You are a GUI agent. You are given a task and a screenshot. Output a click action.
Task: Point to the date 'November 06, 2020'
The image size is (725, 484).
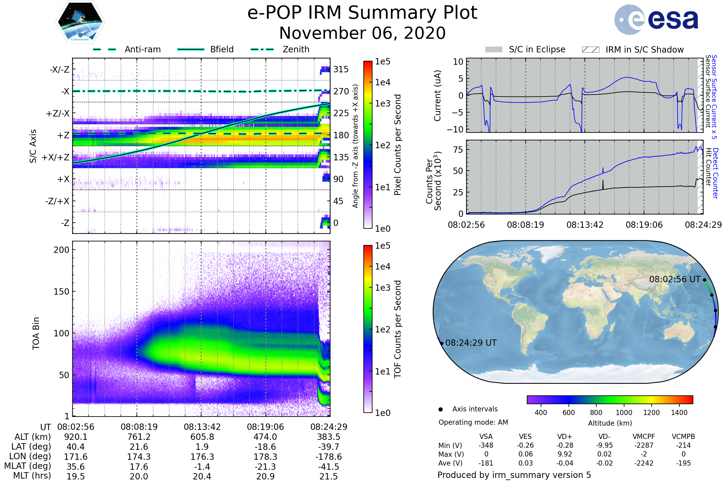[x=362, y=33]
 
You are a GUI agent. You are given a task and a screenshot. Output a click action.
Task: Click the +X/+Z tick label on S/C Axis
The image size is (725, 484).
[x=56, y=157]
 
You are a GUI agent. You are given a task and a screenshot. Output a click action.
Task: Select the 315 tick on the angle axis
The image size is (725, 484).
[x=341, y=69]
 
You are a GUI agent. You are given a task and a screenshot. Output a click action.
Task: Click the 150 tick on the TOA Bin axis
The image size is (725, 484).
[x=61, y=292]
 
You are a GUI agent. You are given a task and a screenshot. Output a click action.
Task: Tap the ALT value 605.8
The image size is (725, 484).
[x=202, y=437]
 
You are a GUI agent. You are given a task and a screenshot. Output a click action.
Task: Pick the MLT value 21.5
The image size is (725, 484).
[x=329, y=476]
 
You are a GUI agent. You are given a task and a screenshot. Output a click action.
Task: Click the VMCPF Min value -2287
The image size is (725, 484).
[x=644, y=445]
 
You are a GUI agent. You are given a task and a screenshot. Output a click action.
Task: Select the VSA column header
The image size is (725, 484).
[x=486, y=437]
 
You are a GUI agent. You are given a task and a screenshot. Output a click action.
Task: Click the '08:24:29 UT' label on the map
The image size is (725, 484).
[x=471, y=343]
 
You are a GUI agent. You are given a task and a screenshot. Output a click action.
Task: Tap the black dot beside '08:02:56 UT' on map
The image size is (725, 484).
[x=705, y=280]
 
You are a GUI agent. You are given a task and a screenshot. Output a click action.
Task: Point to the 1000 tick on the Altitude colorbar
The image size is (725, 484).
[x=624, y=413]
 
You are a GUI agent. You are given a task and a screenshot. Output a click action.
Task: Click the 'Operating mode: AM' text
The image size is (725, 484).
[x=473, y=422]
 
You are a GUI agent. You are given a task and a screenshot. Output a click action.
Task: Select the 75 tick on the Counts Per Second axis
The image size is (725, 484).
[x=458, y=150]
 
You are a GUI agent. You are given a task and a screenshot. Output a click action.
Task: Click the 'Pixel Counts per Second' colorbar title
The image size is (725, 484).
[x=398, y=145]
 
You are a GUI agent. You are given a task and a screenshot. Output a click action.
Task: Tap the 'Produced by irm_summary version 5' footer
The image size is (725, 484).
[x=514, y=475]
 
